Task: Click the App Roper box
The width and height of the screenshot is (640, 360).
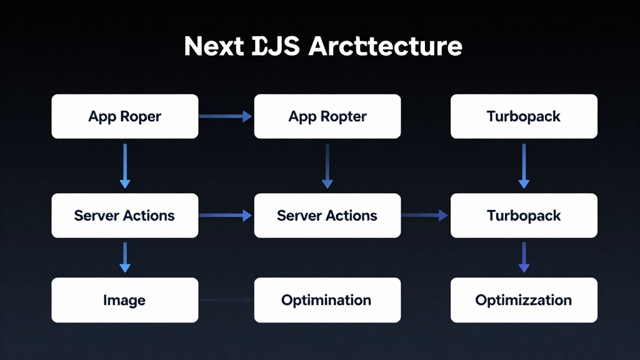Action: [124, 116]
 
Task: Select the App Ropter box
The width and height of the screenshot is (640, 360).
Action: [327, 116]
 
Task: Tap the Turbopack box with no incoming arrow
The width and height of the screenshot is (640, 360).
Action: [524, 116]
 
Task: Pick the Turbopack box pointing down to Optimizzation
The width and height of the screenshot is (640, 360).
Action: [524, 216]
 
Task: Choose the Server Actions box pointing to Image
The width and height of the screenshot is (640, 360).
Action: [124, 216]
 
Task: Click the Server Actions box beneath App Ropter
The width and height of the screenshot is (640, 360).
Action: [327, 216]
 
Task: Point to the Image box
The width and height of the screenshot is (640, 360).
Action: [124, 300]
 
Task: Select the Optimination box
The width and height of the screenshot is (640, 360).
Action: [327, 300]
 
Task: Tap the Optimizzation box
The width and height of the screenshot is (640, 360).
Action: [524, 300]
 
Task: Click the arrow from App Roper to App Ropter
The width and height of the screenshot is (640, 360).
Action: [225, 116]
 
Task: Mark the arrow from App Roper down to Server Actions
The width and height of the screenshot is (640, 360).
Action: [125, 166]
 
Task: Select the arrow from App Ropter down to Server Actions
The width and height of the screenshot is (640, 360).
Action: [327, 166]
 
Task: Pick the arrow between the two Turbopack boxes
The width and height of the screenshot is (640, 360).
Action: [524, 166]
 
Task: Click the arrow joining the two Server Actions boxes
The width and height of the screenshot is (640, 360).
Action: [225, 216]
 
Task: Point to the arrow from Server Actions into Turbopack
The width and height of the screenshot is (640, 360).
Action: [425, 216]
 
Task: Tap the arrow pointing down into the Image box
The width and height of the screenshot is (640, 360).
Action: [125, 257]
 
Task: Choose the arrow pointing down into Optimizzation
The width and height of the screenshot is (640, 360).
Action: [524, 257]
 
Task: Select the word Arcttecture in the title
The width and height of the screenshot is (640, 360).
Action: [386, 47]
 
